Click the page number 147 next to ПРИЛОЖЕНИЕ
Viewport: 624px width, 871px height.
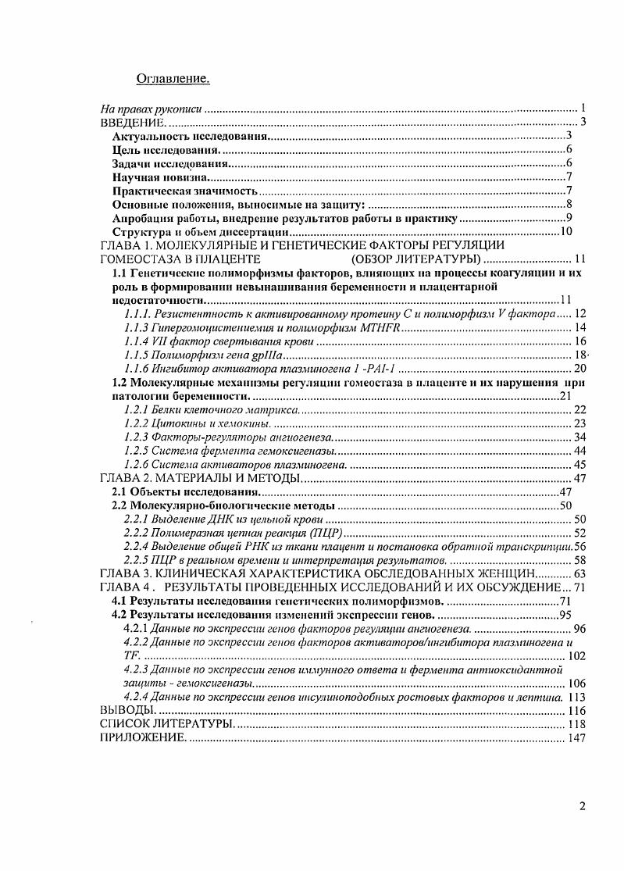click(577, 738)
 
